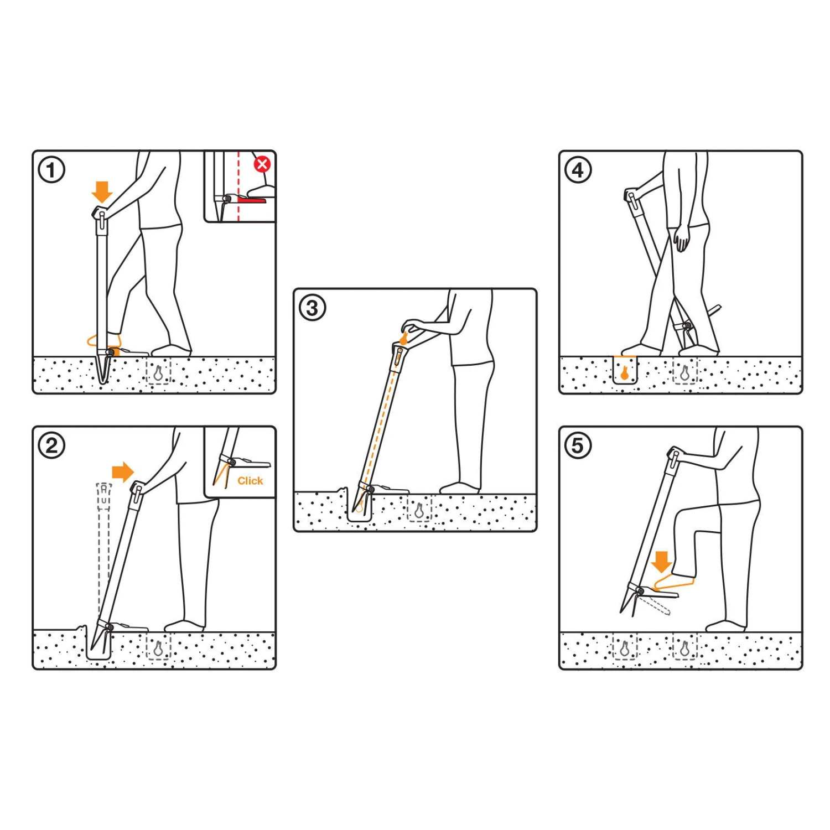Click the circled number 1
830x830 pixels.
51,170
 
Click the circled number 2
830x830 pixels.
51,445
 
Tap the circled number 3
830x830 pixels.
312,308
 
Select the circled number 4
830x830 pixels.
578,170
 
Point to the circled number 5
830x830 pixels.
578,445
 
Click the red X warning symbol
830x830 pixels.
262,164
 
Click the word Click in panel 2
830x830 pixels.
250,481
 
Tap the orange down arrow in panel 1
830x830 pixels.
102,192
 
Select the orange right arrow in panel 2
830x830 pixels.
123,472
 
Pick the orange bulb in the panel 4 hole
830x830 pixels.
625,373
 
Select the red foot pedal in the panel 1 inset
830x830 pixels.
252,199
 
